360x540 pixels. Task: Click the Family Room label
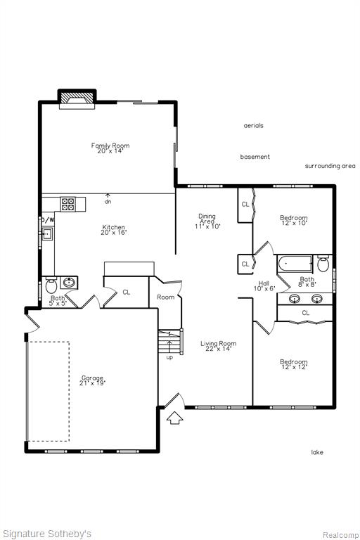(110, 148)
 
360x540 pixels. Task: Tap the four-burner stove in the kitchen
(68, 204)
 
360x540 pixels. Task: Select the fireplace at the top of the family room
(77, 99)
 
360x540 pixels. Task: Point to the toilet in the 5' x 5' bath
(51, 285)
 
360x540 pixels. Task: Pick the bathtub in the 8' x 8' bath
(294, 264)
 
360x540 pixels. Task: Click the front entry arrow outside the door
(175, 418)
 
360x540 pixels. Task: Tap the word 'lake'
(317, 452)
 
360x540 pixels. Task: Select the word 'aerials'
(254, 126)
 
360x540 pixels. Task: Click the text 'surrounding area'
(330, 166)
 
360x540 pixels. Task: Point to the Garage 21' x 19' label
(92, 380)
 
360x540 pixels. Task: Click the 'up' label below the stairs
(170, 358)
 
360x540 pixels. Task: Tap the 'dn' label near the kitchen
(108, 202)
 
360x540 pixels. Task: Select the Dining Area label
(207, 221)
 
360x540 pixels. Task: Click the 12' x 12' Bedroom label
(294, 364)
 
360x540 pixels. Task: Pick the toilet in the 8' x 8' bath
(323, 264)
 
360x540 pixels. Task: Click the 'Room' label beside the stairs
(166, 297)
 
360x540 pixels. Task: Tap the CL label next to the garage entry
(127, 292)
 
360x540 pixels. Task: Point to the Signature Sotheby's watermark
(46, 534)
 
